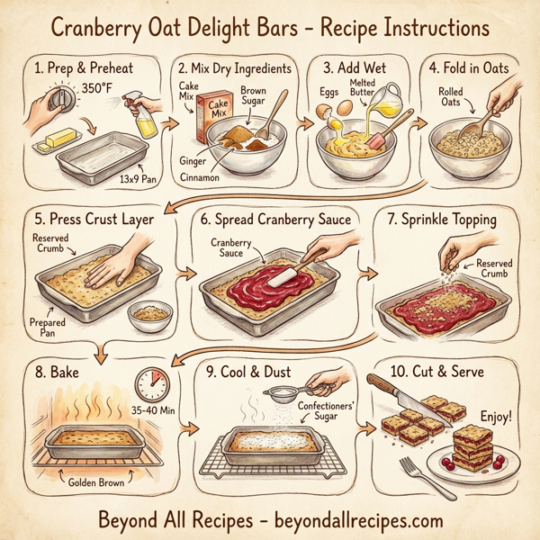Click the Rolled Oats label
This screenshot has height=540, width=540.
(452, 97)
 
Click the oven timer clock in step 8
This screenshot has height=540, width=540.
(151, 384)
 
